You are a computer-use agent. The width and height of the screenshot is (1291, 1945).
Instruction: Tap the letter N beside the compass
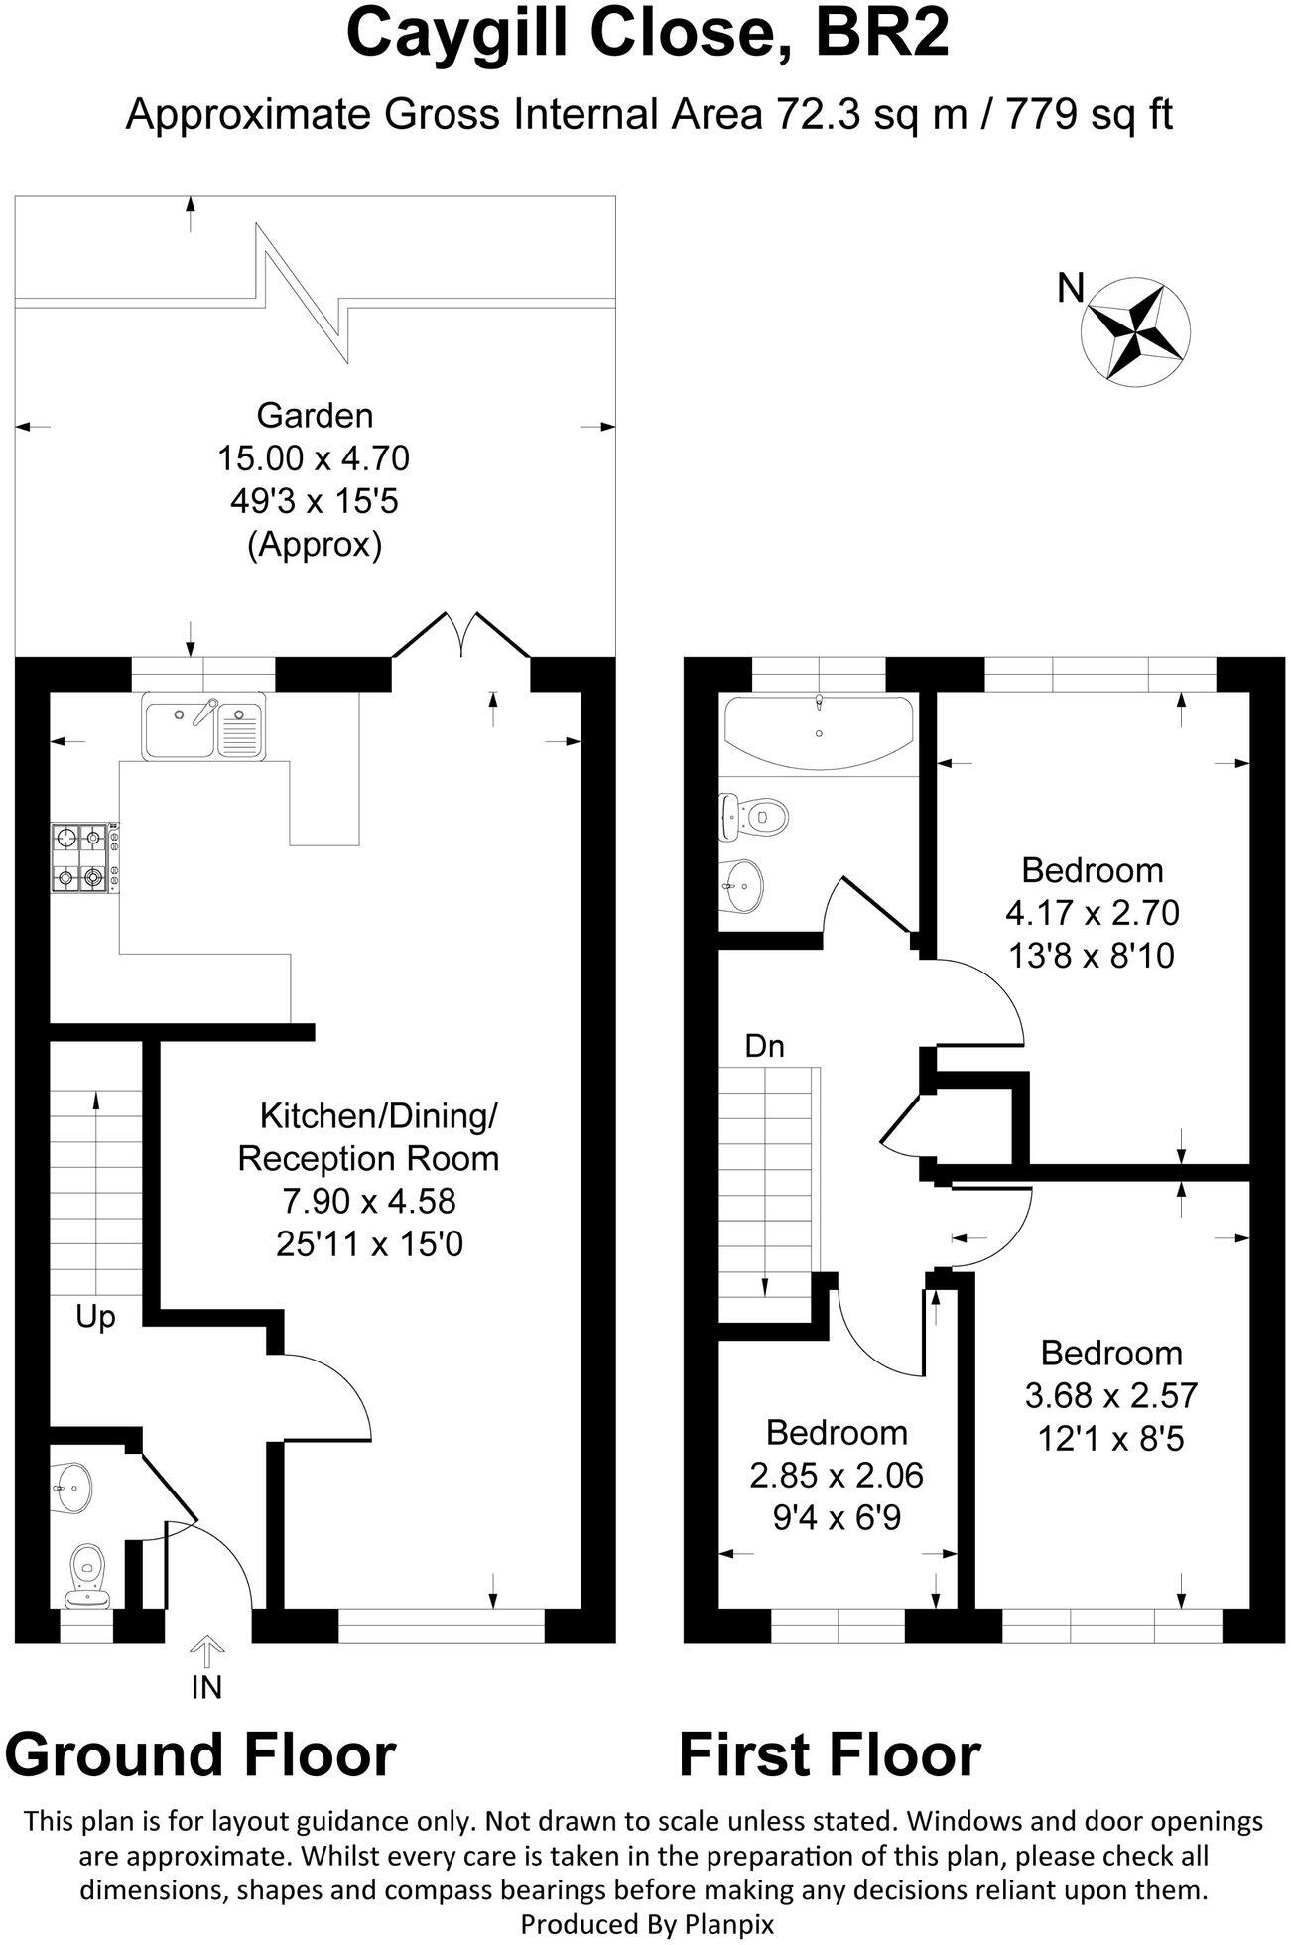1071,289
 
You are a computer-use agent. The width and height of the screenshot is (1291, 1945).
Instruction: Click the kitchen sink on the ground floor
203,726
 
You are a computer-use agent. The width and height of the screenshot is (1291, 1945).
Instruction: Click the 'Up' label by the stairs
95,1317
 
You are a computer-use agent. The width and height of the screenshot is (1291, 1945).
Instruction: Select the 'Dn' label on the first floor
764,1046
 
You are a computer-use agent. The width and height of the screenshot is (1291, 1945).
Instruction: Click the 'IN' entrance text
206,1686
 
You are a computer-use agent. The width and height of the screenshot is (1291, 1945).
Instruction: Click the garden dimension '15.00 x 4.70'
314,458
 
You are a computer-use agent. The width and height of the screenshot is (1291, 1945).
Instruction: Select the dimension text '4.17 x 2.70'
1092,912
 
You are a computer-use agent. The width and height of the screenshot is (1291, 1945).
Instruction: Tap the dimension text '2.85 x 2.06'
836,1476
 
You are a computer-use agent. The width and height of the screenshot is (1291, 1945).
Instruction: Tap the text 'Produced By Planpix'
647,1925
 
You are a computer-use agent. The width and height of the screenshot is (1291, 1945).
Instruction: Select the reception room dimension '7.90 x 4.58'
368,1201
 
